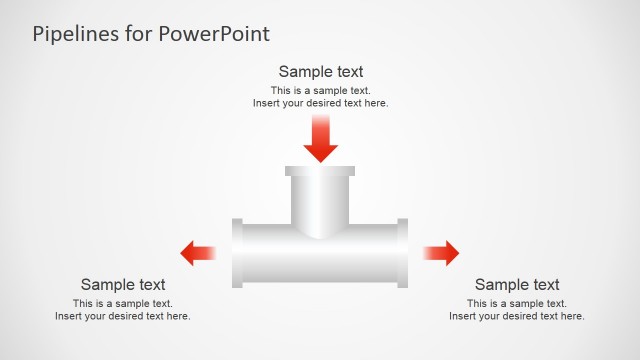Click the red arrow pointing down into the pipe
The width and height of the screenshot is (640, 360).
[x=320, y=140]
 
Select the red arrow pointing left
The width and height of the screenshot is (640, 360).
[x=197, y=253]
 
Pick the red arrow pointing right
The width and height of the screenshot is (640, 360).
[x=441, y=253]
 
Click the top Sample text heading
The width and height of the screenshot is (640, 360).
[x=320, y=71]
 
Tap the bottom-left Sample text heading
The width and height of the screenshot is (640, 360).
[x=123, y=284]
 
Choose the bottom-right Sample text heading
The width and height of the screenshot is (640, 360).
[x=517, y=284]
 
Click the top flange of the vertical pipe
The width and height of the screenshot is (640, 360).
[x=320, y=171]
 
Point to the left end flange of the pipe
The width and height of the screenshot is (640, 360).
[x=237, y=253]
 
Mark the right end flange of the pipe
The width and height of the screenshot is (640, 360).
[x=402, y=253]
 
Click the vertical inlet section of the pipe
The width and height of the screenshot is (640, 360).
[x=320, y=200]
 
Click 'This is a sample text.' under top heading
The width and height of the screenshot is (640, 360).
[x=320, y=90]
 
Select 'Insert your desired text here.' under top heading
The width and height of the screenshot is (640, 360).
[x=320, y=103]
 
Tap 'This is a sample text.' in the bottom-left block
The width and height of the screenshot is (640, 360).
[x=123, y=303]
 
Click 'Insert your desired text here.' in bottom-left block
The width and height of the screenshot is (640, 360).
[x=123, y=316]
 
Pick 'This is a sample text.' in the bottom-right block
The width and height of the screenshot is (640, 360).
[x=517, y=303]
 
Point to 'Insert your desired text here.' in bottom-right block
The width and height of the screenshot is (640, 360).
[x=517, y=316]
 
